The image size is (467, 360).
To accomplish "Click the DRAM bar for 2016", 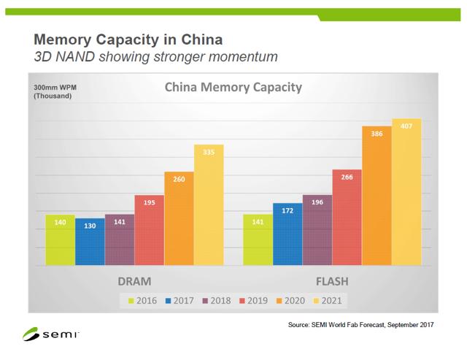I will tap(60, 241).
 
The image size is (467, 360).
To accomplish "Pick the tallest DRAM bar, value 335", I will tap(209, 204).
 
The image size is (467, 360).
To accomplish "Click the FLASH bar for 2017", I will tap(287, 234).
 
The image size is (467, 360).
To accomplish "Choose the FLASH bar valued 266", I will tap(347, 218).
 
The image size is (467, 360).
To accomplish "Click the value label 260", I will tap(179, 177).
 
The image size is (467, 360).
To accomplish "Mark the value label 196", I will tap(317, 202).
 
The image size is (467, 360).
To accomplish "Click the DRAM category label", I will tap(134, 281).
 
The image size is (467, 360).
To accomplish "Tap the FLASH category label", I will tap(332, 281).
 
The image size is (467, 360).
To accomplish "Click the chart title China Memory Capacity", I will tap(233, 89).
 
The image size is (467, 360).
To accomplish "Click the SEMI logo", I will tap(50, 335).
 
